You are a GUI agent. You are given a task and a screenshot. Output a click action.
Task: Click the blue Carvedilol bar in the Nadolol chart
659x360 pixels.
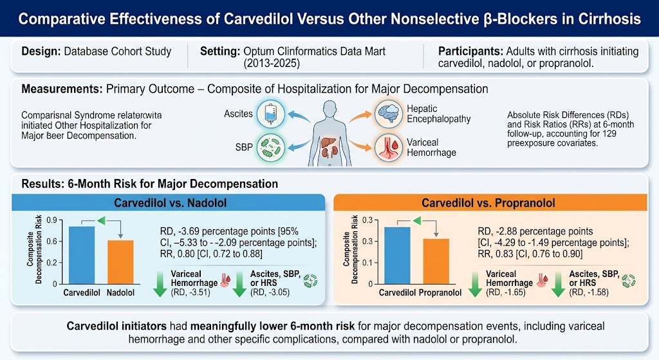click(x=82, y=255)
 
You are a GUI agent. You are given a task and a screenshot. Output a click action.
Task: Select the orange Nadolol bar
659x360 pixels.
click(x=120, y=262)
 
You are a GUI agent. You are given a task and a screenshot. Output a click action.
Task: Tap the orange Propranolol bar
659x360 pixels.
click(x=436, y=261)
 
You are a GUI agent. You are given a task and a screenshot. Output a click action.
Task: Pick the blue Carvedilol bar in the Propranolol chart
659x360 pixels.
click(x=397, y=256)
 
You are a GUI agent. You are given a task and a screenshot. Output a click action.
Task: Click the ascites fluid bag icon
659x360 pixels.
click(x=271, y=113)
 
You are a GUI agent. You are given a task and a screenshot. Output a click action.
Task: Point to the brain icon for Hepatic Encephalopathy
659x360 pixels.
click(x=388, y=113)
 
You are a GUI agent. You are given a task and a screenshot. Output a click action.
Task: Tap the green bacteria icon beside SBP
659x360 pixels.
click(x=271, y=147)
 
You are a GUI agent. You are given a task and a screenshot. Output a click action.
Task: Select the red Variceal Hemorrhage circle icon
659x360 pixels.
click(x=388, y=147)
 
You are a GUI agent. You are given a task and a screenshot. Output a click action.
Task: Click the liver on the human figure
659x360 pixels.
click(x=328, y=143)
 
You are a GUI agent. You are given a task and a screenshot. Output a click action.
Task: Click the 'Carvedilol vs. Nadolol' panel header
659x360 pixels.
click(x=168, y=203)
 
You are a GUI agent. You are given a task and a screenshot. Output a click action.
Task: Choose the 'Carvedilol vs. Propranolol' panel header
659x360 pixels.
click(x=490, y=203)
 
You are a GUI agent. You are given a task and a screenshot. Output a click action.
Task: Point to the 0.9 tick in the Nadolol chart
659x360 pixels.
click(x=51, y=220)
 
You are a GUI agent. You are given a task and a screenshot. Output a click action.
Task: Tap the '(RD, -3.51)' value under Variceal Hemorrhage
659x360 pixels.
click(x=190, y=292)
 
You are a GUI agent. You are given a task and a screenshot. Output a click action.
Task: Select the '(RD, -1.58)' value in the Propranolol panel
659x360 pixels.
click(x=589, y=292)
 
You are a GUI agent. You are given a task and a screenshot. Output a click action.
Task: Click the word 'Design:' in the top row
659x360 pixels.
click(x=41, y=52)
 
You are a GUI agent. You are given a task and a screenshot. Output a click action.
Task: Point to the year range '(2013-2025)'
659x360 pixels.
click(x=272, y=64)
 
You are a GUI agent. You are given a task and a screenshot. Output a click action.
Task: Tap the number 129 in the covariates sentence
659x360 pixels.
click(x=609, y=134)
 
